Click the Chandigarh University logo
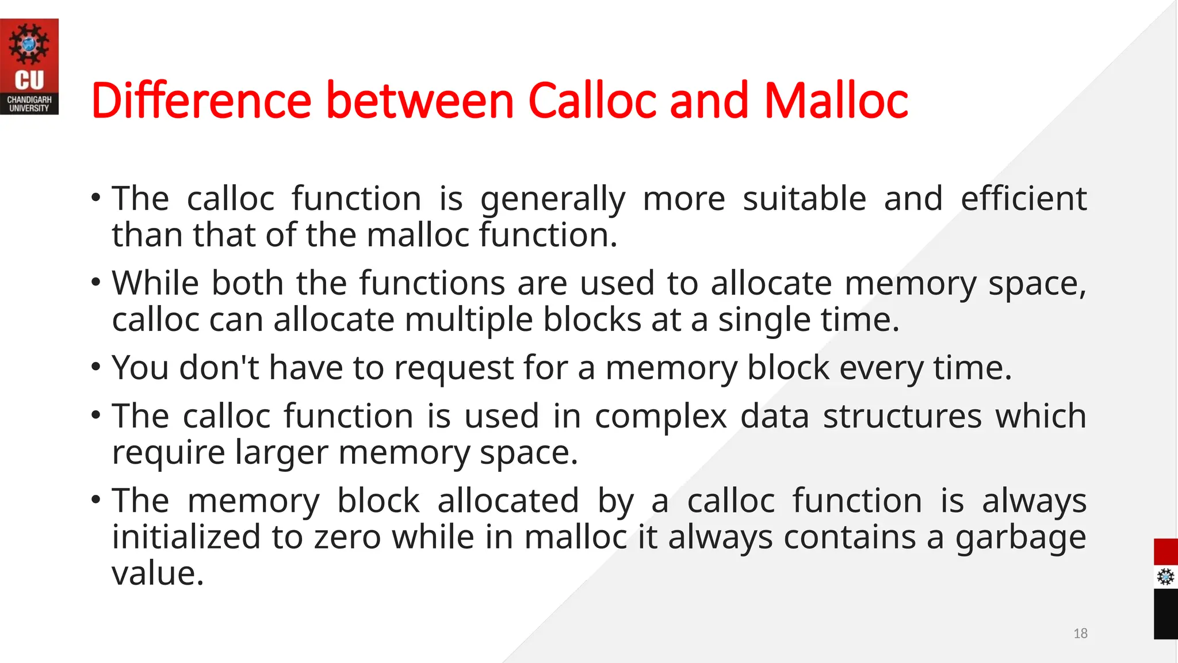click(29, 66)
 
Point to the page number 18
click(1080, 634)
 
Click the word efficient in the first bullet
click(1023, 199)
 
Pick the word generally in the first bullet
click(553, 200)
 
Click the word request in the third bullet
click(453, 368)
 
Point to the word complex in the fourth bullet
click(661, 417)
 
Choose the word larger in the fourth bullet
click(281, 453)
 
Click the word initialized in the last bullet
click(186, 537)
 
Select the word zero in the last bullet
click(347, 538)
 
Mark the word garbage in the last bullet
click(1020, 538)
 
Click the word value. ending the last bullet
click(158, 574)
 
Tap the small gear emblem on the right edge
click(1165, 576)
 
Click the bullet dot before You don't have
click(96, 367)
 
